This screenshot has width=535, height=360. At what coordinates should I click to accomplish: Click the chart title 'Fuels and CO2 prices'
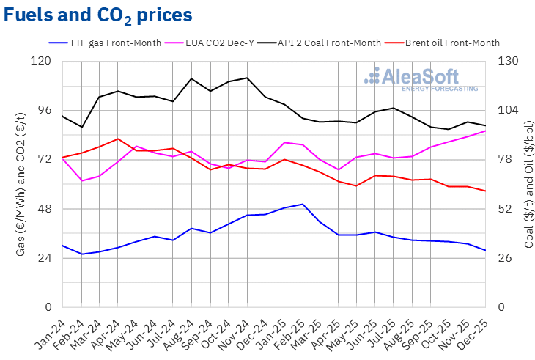tap(99, 15)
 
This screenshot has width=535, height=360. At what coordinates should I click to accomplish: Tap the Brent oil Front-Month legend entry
tap(446, 43)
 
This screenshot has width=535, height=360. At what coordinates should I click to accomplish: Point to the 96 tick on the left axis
tap(45, 110)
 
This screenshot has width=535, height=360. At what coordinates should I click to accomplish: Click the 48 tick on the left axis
tap(45, 209)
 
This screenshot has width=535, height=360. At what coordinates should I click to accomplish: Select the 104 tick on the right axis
tap(509, 110)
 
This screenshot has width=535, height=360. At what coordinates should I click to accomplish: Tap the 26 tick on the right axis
tap(506, 258)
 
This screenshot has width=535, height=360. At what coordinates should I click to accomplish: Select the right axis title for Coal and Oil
tap(528, 183)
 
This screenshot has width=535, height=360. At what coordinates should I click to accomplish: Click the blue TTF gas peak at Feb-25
tap(302, 204)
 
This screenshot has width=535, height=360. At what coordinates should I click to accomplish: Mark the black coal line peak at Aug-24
tap(191, 78)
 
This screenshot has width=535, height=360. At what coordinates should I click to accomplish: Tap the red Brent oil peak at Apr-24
tap(118, 139)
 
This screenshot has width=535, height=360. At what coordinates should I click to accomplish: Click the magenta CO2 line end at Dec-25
tap(485, 131)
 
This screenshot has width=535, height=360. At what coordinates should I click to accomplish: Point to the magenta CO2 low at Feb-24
tap(81, 180)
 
